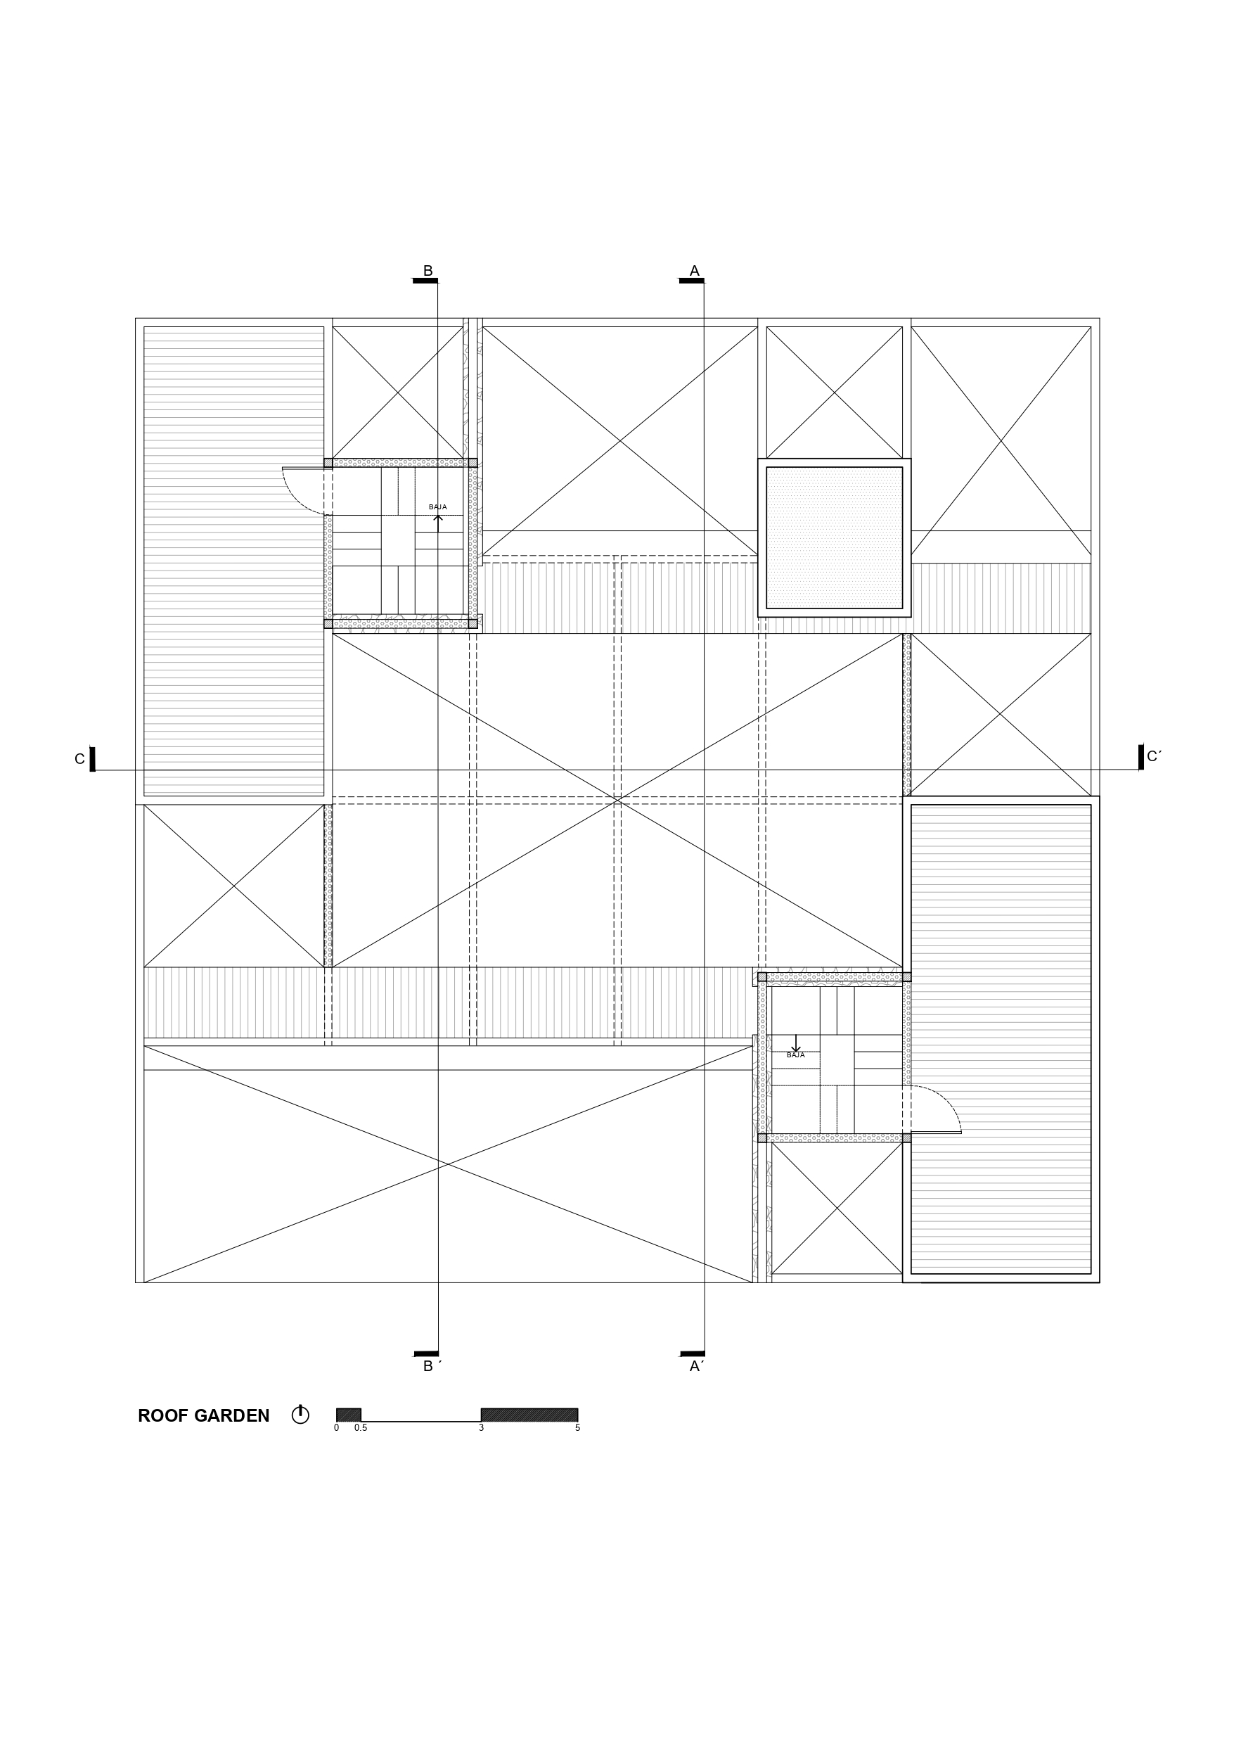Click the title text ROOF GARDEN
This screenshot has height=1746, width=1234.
tap(204, 1416)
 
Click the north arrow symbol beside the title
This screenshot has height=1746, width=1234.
tap(300, 1415)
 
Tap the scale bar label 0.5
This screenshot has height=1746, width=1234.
tap(361, 1428)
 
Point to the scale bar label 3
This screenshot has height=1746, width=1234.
tap(481, 1428)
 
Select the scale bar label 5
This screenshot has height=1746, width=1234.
tap(578, 1428)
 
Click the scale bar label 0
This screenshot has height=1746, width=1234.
tap(336, 1428)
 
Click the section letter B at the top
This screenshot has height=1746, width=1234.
tap(428, 271)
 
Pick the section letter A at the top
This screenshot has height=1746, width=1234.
tap(694, 271)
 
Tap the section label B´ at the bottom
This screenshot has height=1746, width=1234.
tap(432, 1367)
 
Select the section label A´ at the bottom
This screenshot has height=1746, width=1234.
tap(696, 1367)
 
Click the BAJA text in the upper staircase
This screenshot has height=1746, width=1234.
tap(438, 507)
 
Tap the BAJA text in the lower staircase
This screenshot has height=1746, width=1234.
tap(795, 1055)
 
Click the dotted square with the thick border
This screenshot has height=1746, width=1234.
tap(834, 537)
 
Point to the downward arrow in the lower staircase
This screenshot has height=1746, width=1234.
tap(795, 1043)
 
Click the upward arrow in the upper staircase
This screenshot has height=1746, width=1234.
tap(438, 523)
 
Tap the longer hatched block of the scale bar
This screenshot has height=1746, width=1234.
tap(529, 1415)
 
